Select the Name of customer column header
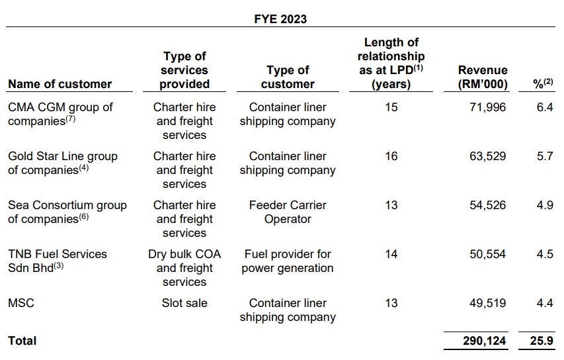60,84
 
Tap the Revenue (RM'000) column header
483,77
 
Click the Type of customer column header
288,77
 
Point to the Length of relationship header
390,64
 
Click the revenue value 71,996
487,107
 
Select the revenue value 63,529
487,156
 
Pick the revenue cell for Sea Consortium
487,205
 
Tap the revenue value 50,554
487,254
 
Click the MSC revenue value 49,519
487,303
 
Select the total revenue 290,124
483,341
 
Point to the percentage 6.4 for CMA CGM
544,107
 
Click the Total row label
22,341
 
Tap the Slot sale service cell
184,303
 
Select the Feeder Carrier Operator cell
288,212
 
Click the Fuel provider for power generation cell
288,261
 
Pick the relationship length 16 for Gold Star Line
391,156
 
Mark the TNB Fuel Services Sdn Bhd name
57,261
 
